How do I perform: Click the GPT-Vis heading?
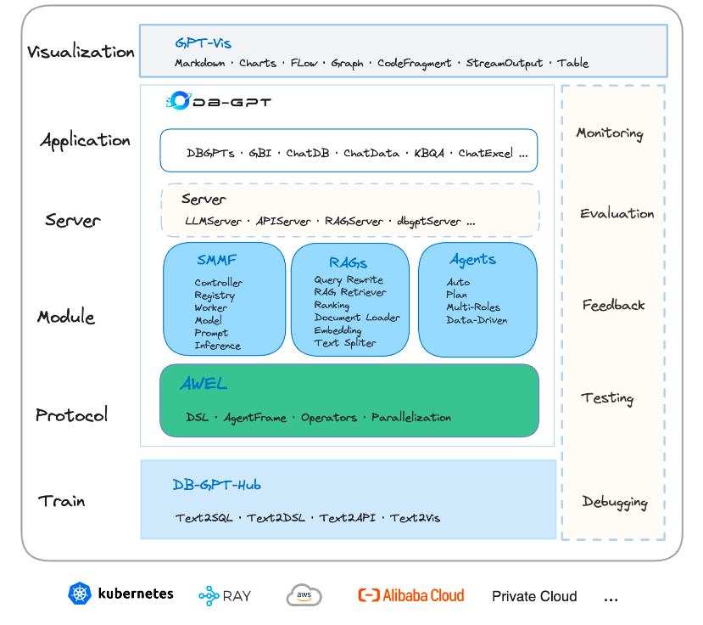204,43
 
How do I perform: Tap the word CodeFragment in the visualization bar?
415,64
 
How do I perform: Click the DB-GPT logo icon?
179,100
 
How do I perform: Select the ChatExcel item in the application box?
486,153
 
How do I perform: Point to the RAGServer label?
354,221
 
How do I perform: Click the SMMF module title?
216,260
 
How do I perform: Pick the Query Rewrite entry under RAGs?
349,279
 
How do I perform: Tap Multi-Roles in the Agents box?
473,307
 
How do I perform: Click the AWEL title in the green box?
204,384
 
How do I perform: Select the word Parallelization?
411,418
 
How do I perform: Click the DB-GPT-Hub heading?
216,485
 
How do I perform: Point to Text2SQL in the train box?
204,518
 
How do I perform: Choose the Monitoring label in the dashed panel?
610,133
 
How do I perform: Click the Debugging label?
615,502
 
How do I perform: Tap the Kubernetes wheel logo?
80,594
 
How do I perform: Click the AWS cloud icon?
304,595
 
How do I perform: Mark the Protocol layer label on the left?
72,415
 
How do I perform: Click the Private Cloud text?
534,596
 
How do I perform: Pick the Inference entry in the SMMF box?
217,346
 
